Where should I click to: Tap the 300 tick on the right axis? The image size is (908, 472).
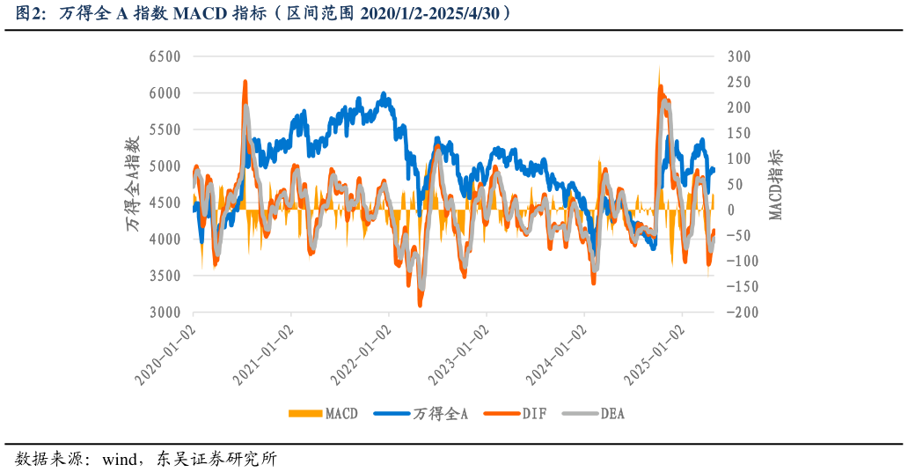(x=739, y=56)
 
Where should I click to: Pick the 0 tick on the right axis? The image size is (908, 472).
(x=730, y=210)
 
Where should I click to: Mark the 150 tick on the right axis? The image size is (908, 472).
(x=739, y=133)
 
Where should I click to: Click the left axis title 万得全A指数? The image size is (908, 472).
(x=133, y=184)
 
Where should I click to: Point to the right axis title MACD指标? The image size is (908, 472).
(x=775, y=184)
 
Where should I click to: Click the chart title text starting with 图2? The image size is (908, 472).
(x=264, y=13)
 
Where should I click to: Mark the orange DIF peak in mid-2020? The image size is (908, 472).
(x=245, y=82)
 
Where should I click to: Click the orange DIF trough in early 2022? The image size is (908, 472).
(x=421, y=305)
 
